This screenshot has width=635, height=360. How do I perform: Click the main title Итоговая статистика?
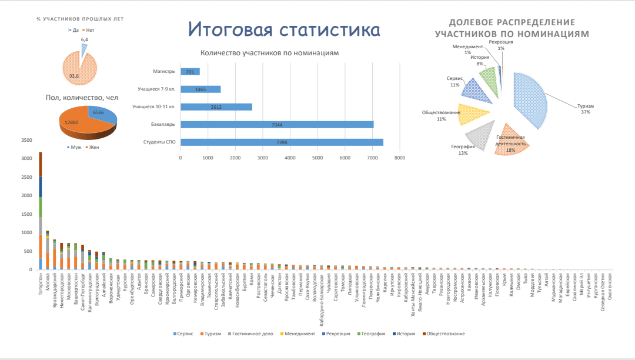(284, 29)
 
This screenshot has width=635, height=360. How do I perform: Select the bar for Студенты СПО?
(282, 142)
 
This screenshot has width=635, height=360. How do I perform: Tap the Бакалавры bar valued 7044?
(277, 125)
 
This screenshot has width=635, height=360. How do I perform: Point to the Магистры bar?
(190, 72)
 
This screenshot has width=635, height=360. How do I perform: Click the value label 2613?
(216, 107)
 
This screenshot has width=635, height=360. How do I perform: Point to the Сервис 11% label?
(454, 81)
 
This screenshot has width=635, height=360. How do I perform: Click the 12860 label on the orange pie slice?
(72, 122)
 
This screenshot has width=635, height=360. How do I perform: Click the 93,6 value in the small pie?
(73, 75)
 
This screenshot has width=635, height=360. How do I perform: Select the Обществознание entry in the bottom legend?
(443, 334)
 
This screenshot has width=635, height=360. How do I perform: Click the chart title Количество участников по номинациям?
(270, 53)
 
